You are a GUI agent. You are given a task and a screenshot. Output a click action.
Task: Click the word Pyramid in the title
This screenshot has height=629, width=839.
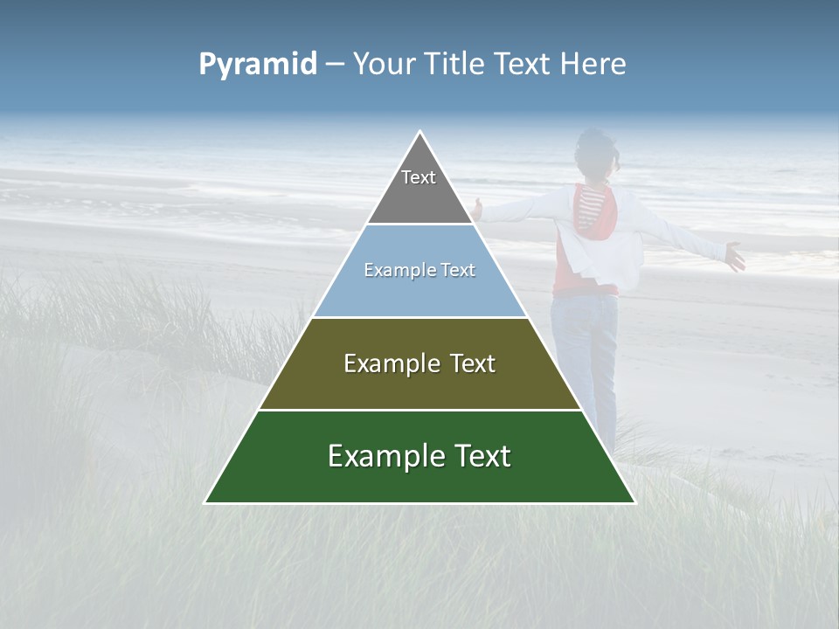tap(258, 65)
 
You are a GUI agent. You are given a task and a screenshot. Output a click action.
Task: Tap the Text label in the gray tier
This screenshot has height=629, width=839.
tap(419, 177)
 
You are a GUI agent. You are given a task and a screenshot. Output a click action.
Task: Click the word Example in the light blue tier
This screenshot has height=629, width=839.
tap(399, 271)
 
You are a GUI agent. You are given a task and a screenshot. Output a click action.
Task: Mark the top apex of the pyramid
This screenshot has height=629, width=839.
tap(420, 132)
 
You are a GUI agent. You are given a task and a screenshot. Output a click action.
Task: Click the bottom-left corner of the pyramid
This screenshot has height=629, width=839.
tap(205, 502)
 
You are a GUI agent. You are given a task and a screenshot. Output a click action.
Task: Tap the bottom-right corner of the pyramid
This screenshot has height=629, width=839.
tap(634, 502)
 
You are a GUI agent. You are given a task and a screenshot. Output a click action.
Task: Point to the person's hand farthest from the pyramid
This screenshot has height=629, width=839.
tap(735, 257)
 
